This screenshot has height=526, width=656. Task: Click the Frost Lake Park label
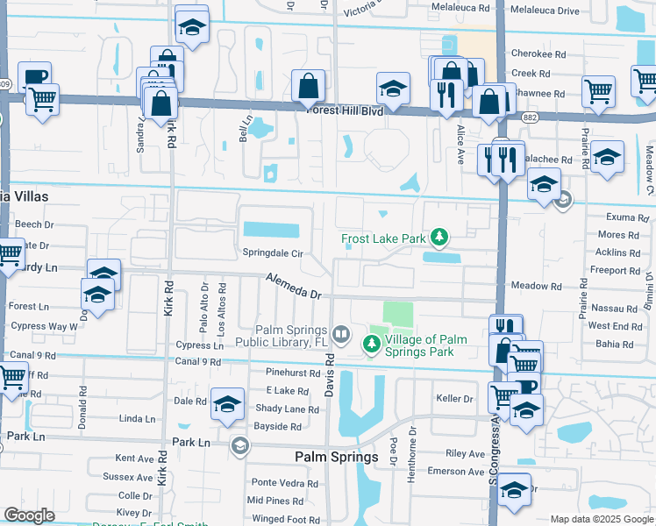382,238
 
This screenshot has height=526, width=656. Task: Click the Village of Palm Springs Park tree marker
372,345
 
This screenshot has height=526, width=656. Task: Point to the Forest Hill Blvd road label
346,111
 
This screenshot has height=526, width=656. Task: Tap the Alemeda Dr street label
295,287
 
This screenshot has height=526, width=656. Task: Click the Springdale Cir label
273,253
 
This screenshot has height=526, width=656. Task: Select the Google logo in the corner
29,515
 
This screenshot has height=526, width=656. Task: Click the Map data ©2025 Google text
602,519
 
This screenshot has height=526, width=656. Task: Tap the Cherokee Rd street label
538,53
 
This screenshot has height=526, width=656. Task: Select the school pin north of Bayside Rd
227,402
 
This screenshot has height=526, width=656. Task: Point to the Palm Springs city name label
336,457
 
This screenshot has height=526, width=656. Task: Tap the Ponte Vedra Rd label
276,482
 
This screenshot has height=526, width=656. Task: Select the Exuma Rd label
625,217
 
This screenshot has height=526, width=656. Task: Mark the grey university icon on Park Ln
239,446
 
